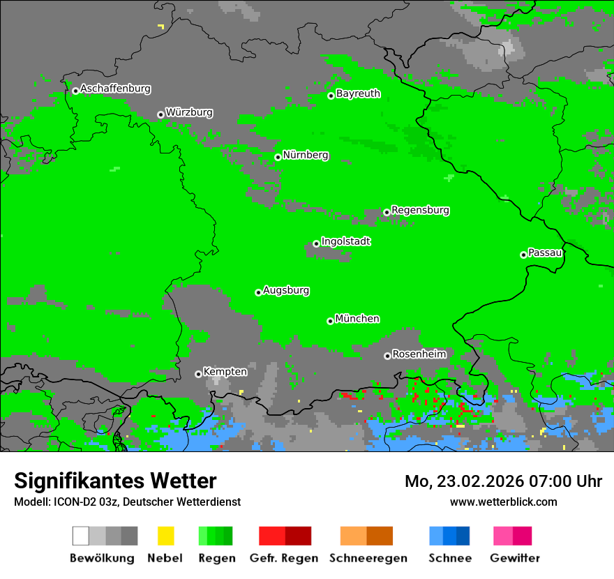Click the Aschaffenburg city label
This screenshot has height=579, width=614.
click(x=115, y=89)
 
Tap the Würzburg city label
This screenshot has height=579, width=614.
click(x=189, y=113)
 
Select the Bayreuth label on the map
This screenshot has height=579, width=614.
click(x=358, y=93)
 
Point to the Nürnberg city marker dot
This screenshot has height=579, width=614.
click(x=278, y=157)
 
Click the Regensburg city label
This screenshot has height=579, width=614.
click(x=420, y=210)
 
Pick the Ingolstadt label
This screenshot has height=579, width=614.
click(x=345, y=241)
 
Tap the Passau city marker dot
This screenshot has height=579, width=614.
click(x=523, y=255)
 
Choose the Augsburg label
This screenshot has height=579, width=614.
click(x=286, y=290)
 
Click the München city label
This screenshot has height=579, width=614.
click(x=357, y=319)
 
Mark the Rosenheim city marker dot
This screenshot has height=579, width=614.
click(x=387, y=356)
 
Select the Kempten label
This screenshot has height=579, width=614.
click(x=225, y=372)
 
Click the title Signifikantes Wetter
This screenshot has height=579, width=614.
click(x=115, y=481)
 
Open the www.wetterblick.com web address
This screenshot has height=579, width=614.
click(x=503, y=502)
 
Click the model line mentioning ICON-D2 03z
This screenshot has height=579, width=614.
click(x=127, y=502)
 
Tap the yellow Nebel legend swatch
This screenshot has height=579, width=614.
click(x=165, y=536)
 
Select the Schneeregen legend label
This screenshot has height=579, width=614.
click(x=368, y=558)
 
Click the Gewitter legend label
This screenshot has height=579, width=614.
click(x=514, y=558)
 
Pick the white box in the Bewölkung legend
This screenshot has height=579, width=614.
click(x=81, y=536)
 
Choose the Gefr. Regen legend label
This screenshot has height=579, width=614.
click(x=285, y=558)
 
